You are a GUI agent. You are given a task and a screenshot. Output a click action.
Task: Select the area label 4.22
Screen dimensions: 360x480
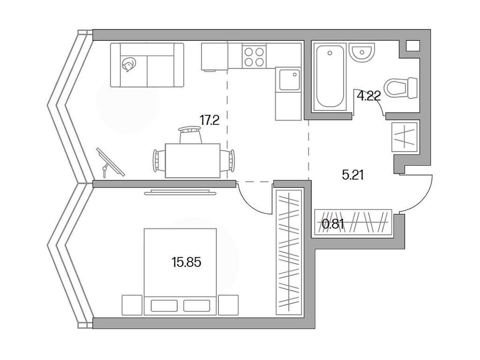(368, 97)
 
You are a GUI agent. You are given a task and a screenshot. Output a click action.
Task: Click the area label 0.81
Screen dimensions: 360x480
(333, 224)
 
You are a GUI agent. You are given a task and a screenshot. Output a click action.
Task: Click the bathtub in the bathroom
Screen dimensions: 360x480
(330, 77)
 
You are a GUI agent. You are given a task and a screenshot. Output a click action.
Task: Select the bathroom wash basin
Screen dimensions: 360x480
(362, 52)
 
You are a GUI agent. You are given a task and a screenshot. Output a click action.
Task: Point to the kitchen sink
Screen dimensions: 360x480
(287, 79)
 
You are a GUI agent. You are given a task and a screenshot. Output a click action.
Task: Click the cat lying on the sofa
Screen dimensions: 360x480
(127, 65)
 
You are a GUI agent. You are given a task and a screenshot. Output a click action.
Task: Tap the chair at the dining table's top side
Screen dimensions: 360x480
(191, 135)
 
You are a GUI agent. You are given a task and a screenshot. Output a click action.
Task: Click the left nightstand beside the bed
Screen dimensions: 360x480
(131, 305)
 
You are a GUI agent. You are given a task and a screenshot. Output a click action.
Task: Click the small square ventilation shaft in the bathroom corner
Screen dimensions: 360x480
(412, 46)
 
